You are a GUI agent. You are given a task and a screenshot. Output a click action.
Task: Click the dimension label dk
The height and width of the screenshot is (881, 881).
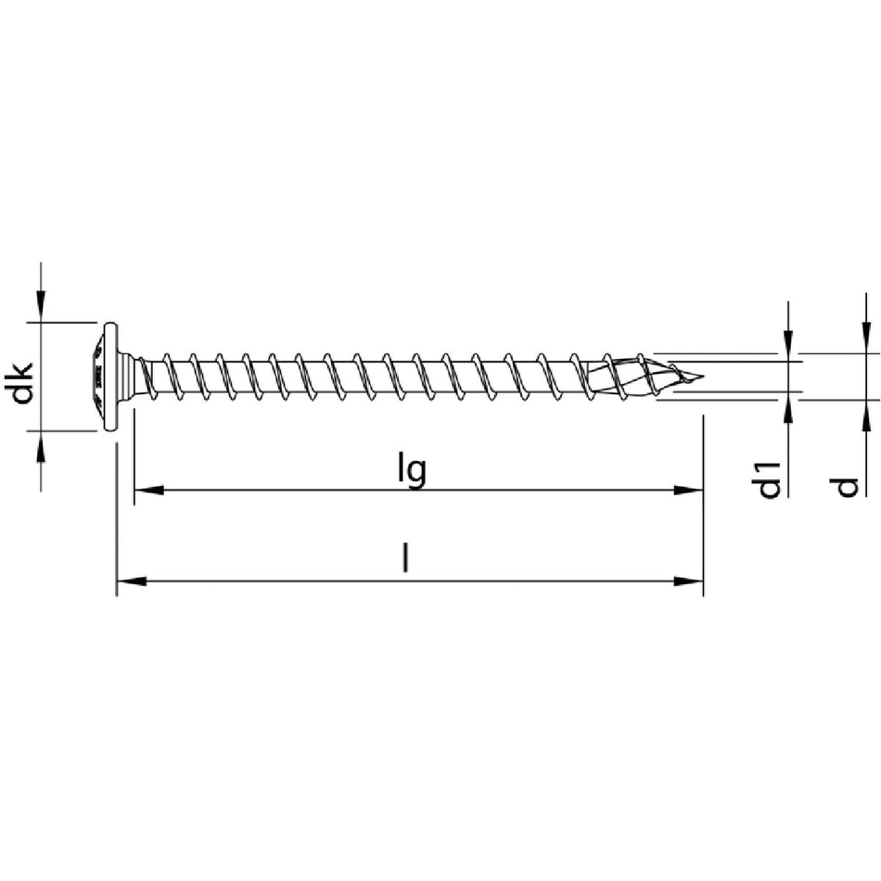coord(22,383)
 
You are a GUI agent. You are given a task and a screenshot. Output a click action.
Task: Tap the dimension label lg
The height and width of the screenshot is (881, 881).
coord(412,470)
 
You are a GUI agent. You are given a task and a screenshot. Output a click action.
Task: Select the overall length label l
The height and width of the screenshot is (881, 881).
coord(404,556)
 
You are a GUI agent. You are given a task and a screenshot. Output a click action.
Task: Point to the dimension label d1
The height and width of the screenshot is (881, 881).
coord(769,479)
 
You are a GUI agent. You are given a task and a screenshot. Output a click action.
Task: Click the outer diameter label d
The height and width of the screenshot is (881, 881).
coord(847,487)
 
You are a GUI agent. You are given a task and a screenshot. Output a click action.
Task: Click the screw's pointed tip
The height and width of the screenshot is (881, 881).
coord(702,376)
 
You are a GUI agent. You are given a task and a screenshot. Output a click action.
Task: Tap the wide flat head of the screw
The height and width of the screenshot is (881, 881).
coord(110,377)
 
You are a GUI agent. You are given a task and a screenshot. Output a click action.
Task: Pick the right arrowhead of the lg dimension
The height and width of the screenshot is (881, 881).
coord(689,490)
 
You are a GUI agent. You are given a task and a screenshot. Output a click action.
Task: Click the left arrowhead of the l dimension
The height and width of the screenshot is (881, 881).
coord(131,581)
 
